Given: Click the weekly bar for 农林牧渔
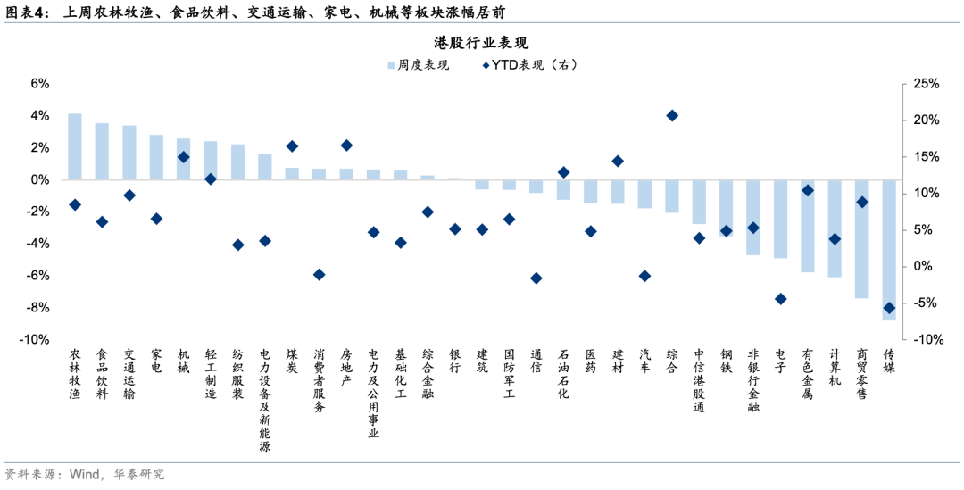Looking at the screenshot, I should tap(75, 146).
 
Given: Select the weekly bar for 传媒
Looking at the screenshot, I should tap(889, 250).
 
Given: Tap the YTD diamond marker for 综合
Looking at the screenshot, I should tap(672, 115).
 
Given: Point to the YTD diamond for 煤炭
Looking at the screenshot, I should tap(292, 146).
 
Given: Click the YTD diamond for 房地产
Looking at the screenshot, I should tap(346, 145).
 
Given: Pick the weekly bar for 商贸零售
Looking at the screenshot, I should tap(862, 238).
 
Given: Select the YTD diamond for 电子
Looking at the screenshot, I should tap(780, 299).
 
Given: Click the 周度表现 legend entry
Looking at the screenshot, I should tap(418, 65).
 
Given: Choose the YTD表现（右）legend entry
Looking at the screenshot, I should tap(530, 65).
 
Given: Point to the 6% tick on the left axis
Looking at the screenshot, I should tap(40, 84).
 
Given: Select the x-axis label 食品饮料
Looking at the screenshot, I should tap(102, 374).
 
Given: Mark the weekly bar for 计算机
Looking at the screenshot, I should tap(835, 228).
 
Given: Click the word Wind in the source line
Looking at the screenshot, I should tap(84, 474).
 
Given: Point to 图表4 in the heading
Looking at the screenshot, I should tap(27, 13).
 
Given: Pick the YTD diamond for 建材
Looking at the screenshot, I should tap(618, 162).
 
